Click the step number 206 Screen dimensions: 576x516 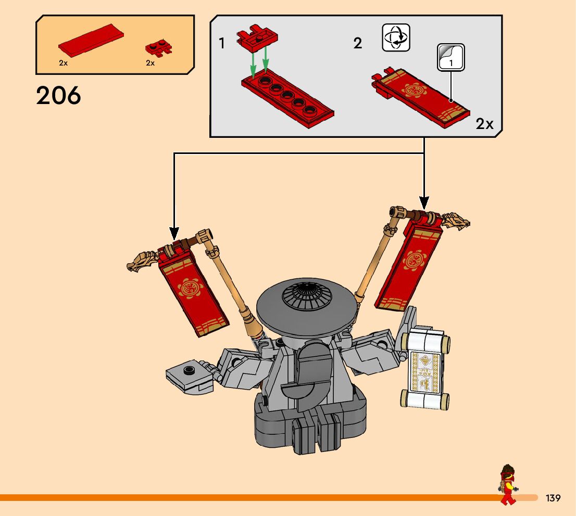pos(59,96)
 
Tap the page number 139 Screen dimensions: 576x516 pos(553,498)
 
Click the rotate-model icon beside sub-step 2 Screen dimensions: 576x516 pos(396,37)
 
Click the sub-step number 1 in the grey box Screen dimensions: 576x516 pos(222,43)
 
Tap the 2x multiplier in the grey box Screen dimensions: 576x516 pos(484,124)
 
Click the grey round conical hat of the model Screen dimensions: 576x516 pos(307,305)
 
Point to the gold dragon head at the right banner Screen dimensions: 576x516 pos(456,221)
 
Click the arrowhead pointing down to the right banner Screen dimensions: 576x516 pos(424,201)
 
